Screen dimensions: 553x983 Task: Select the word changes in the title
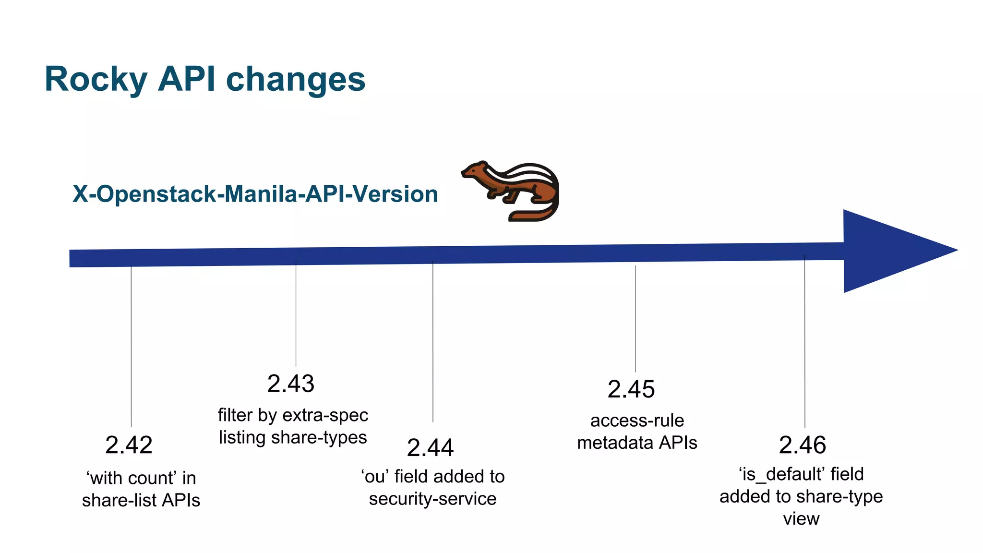click(296, 79)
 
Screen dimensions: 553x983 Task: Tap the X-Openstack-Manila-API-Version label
click(255, 194)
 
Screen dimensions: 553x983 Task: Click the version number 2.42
click(129, 445)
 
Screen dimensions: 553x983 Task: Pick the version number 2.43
click(291, 384)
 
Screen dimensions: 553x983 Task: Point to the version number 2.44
click(430, 448)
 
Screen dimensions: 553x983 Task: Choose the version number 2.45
click(631, 389)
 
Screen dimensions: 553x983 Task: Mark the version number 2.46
click(802, 445)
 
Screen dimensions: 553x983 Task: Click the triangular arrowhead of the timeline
click(888, 251)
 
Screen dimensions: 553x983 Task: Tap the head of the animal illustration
click(475, 170)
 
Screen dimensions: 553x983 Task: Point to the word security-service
click(432, 499)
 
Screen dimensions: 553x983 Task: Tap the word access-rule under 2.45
click(637, 421)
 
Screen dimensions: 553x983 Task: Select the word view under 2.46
click(801, 519)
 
